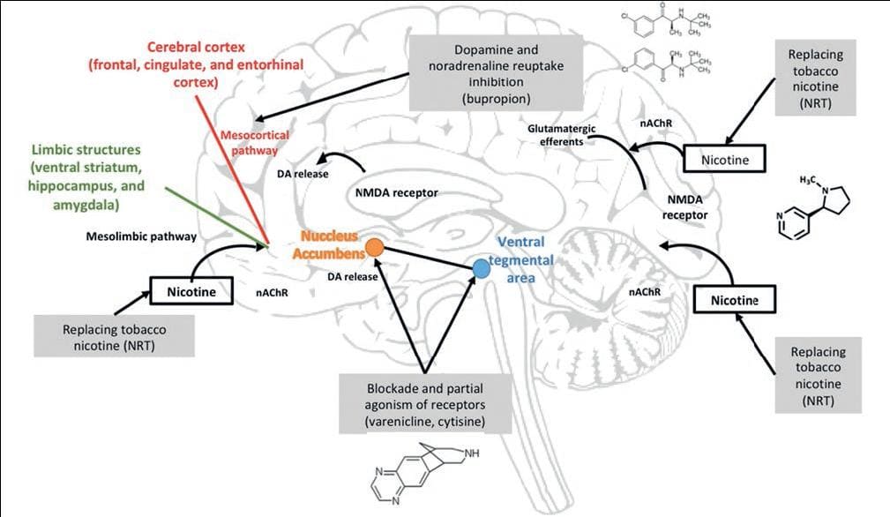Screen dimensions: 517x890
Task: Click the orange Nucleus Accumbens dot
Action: click(x=374, y=248)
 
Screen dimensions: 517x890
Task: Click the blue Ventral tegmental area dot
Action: click(x=481, y=267)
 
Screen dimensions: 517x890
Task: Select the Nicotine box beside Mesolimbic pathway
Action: click(x=191, y=288)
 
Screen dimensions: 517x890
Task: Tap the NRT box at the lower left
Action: click(x=116, y=336)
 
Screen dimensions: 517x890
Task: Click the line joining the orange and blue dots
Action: click(x=428, y=258)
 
